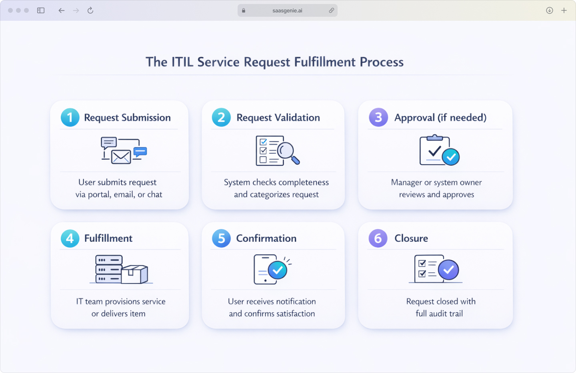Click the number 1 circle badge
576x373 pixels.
coord(70,117)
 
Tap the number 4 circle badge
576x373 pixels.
coord(70,238)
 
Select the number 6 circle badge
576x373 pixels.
coord(378,238)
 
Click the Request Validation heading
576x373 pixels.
coord(278,118)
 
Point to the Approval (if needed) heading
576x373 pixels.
coord(440,118)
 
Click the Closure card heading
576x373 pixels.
coord(411,238)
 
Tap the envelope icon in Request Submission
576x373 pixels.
coord(121,157)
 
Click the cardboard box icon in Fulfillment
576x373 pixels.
coord(134,274)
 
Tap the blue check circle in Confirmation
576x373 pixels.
coord(277,270)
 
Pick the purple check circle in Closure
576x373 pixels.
coord(448,270)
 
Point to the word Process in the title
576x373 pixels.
coord(381,62)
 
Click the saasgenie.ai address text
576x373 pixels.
coord(287,11)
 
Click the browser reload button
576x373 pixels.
coord(90,10)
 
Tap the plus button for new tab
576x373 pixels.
coord(564,10)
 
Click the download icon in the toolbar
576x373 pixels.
coord(550,10)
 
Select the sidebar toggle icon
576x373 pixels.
coord(41,10)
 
